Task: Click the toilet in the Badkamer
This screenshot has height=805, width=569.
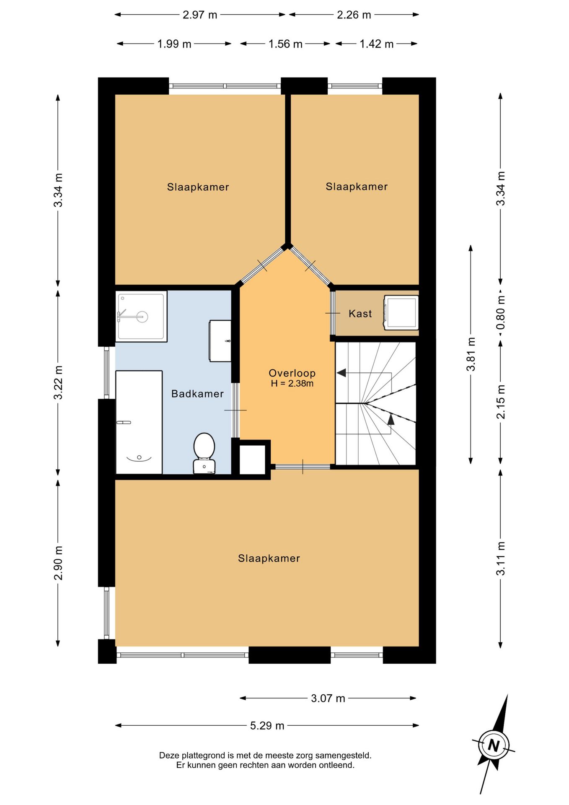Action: [204, 453]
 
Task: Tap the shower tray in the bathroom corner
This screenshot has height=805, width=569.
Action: [141, 316]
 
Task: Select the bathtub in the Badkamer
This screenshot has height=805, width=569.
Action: [139, 422]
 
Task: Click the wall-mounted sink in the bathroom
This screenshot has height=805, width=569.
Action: [220, 341]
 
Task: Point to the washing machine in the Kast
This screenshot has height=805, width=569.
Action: [401, 312]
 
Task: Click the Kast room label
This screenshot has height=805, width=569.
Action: [360, 314]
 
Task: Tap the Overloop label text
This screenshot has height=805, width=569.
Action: [292, 373]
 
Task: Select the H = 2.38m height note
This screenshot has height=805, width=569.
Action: [292, 383]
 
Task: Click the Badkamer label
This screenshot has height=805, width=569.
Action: [197, 394]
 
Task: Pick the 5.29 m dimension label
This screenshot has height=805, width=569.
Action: [267, 726]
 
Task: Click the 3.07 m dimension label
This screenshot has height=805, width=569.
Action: [328, 699]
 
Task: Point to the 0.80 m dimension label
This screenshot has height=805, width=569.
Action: [501, 313]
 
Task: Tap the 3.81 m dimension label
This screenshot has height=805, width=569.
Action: [471, 354]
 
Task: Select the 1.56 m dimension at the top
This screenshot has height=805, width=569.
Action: [285, 44]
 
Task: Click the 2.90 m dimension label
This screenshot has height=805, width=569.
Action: [58, 563]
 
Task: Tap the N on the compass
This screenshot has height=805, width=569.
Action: [494, 745]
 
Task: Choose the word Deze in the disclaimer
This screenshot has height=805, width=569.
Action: [168, 756]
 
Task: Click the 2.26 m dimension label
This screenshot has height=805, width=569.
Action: [354, 15]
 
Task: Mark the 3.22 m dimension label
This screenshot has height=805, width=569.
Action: [58, 382]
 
